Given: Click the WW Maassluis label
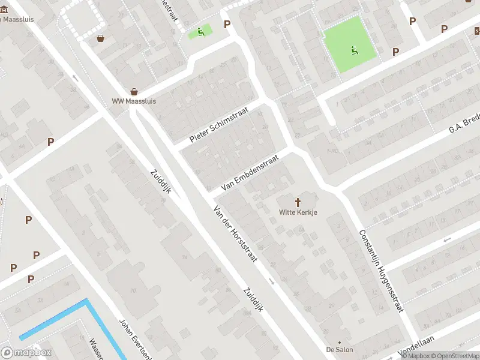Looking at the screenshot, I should pos(134,101).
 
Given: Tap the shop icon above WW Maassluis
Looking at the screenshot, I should pos(134,92).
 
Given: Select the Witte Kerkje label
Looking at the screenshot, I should pos(298,212).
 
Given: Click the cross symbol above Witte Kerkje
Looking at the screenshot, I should pos(298,203).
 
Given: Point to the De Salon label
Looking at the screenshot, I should pos(340,349).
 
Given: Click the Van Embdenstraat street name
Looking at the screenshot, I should pos(250,173).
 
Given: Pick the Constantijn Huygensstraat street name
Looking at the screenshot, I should pos(380,271).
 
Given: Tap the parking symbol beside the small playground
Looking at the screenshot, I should pos(227,24).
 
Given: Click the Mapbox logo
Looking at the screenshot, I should pos(26,352).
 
